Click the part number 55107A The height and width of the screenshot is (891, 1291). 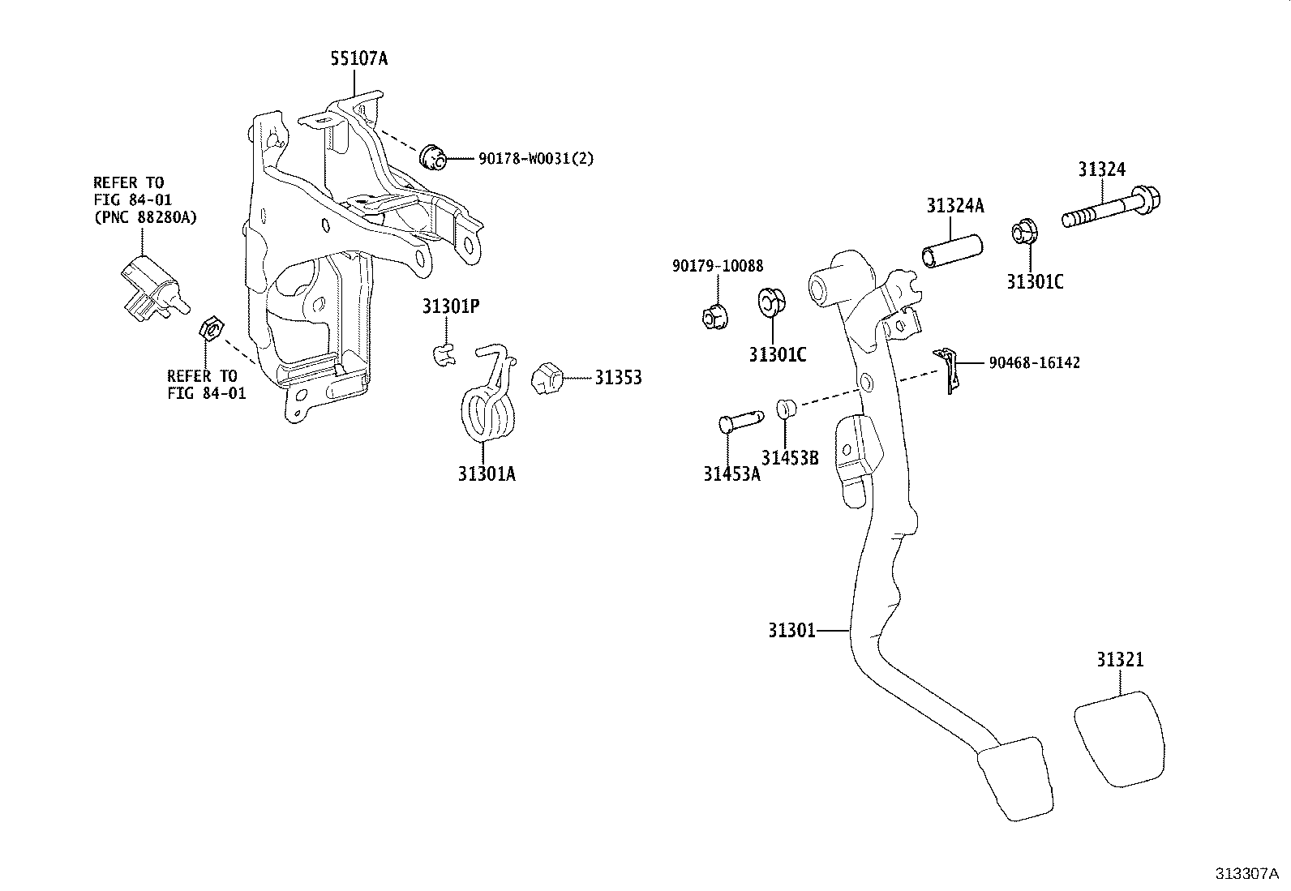point(358,58)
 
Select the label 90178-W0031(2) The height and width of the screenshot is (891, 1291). point(535,159)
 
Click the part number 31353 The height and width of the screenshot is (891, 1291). point(618,378)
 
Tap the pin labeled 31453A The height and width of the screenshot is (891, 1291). point(740,422)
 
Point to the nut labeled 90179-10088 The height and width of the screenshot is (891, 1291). point(713,315)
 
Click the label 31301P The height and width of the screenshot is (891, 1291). point(450,306)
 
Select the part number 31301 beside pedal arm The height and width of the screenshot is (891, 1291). point(791,629)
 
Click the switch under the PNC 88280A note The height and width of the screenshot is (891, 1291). point(149,285)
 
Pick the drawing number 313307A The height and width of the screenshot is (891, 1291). point(1246,873)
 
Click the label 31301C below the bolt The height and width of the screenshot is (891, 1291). point(1035,281)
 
